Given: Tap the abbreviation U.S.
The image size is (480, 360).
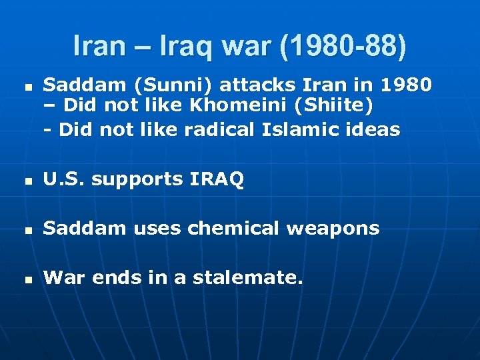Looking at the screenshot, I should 64,179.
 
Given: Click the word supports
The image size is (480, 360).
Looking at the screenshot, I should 137,179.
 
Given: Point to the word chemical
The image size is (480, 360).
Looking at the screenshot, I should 231,229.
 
